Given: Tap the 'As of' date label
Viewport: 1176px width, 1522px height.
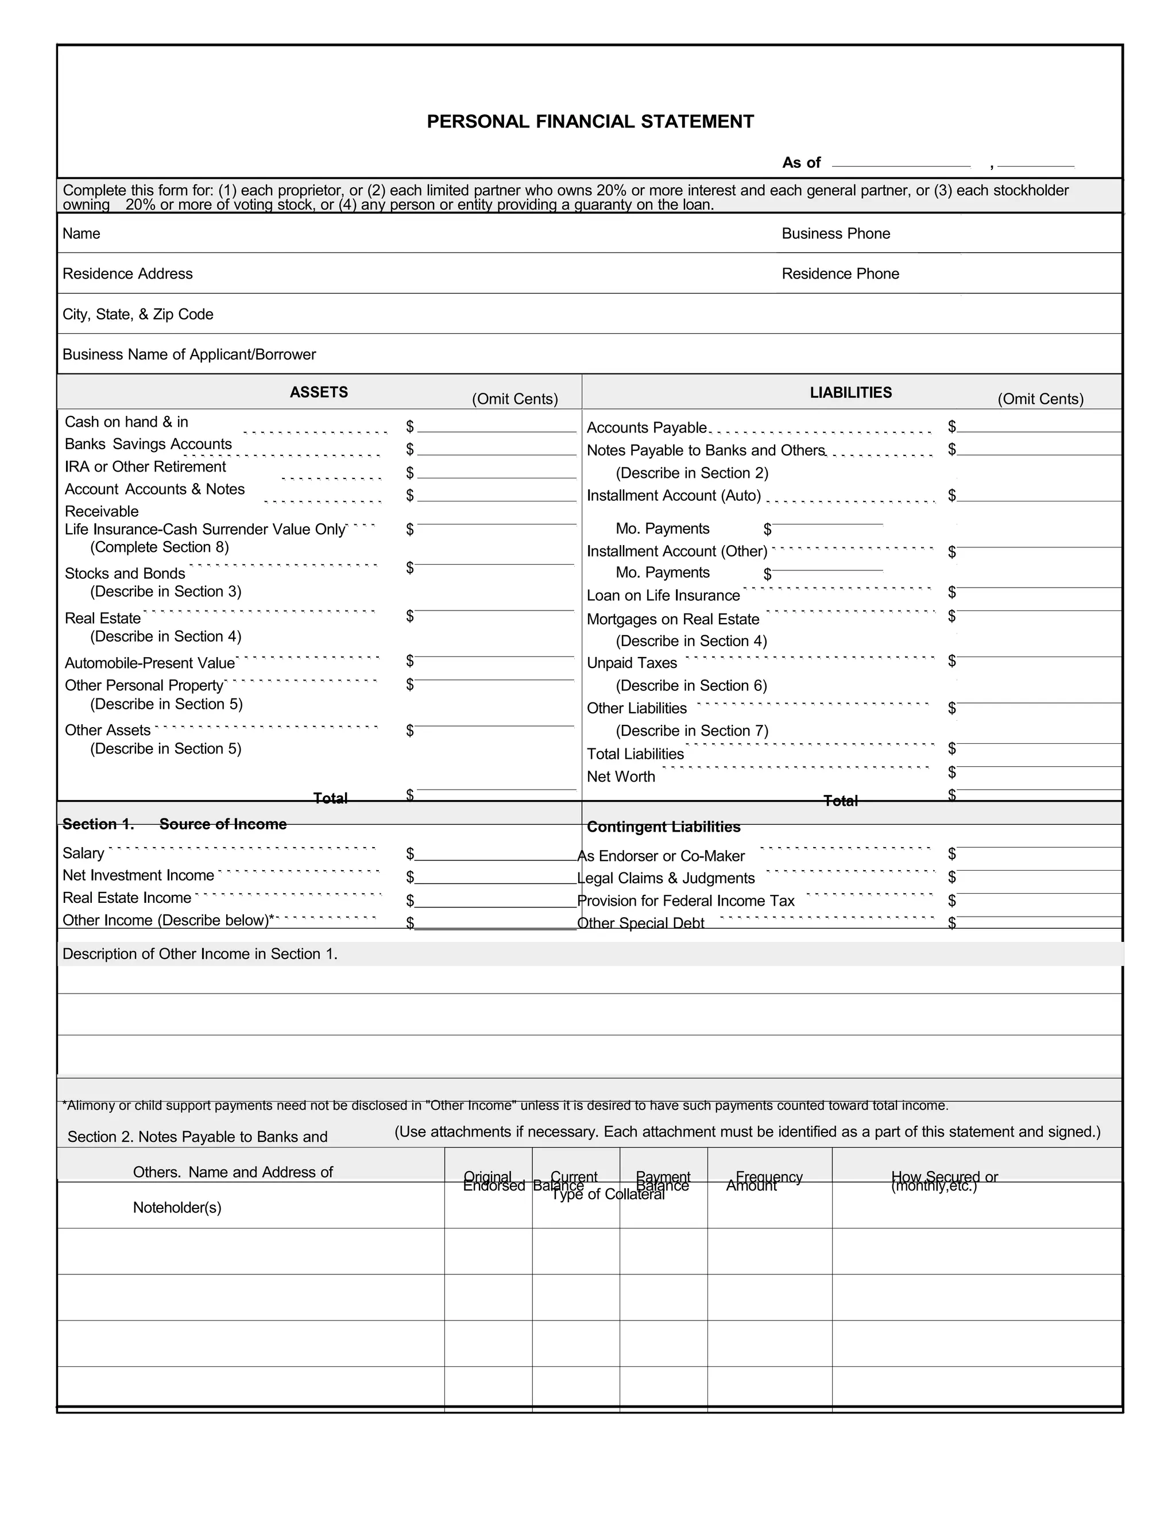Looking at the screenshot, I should tap(800, 163).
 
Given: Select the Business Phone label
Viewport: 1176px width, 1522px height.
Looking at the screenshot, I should tap(835, 233).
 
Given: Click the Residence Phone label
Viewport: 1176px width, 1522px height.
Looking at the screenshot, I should tap(840, 274).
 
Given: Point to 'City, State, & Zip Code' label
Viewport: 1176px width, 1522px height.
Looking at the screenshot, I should tap(138, 314).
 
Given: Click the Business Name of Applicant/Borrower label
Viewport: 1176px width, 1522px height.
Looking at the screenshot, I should tap(189, 355).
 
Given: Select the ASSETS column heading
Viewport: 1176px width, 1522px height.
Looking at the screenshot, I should tap(318, 392).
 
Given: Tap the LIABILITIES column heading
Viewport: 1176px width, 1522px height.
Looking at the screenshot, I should tap(850, 393).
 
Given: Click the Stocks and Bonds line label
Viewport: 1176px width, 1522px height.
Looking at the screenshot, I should tap(125, 574).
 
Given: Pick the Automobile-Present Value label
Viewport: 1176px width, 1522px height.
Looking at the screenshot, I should tap(150, 663).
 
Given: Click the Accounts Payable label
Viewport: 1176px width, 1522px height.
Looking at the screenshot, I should tap(646, 428).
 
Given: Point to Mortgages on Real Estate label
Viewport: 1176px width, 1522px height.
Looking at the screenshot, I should tap(672, 620).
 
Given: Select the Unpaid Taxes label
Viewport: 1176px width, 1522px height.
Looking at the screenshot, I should tap(631, 663).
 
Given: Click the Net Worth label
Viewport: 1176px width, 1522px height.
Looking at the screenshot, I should tap(620, 777).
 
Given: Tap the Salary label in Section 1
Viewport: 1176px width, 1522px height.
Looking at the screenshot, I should tap(83, 853).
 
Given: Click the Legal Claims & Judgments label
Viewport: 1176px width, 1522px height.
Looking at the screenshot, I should tap(667, 878).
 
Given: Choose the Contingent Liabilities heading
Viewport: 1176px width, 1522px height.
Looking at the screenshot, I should tap(663, 827).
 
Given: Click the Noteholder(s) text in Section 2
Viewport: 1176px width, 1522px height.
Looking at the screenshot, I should tap(177, 1208).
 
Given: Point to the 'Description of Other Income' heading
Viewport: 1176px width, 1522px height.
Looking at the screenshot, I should tap(200, 954).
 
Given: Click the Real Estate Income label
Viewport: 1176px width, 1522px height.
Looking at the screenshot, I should tap(127, 898).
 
